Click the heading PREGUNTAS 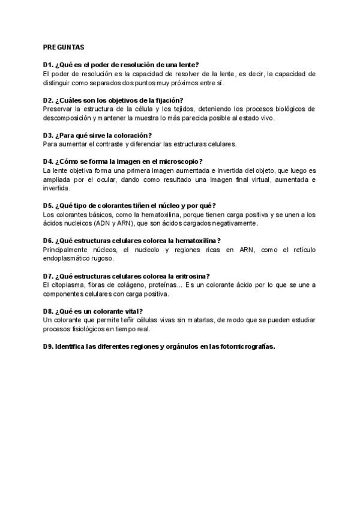pos(64,46)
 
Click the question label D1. pos(48,65)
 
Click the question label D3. pos(48,135)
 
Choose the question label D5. pos(48,205)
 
